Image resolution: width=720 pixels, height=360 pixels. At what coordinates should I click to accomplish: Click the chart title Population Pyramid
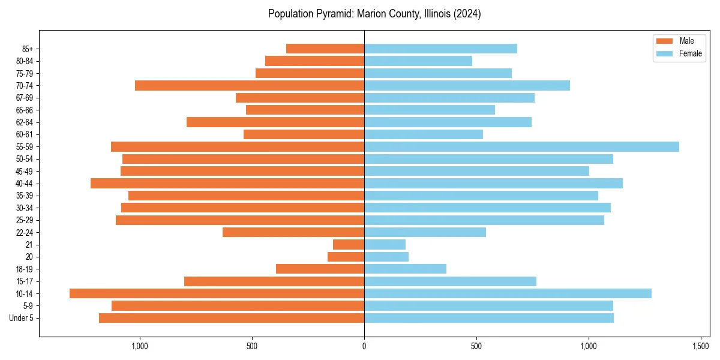tap(374, 14)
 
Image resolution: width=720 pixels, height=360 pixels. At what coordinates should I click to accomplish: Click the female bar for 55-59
tap(521, 146)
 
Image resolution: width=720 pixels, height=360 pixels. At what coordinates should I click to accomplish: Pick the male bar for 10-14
tap(217, 293)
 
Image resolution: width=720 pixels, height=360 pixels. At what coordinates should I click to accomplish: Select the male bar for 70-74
tap(250, 85)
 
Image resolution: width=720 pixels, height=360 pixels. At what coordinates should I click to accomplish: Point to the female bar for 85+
tap(440, 49)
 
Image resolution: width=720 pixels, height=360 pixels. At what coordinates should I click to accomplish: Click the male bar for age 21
tap(349, 244)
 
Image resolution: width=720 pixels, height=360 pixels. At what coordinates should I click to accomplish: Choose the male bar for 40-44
tap(227, 183)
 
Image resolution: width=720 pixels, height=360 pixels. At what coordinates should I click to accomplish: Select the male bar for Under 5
tap(232, 318)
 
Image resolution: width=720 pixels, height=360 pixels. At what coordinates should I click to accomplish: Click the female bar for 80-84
tap(418, 61)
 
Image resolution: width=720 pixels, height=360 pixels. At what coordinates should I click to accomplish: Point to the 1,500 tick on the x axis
tap(701, 346)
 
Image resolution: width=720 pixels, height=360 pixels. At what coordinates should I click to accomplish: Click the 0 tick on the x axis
tap(364, 346)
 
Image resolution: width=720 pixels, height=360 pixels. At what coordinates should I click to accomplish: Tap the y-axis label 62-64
tap(25, 122)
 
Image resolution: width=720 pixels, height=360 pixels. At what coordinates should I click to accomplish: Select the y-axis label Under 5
tap(22, 318)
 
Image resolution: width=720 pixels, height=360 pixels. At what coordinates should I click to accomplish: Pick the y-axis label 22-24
tap(25, 232)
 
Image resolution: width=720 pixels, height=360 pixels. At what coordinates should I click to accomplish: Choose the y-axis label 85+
tap(27, 49)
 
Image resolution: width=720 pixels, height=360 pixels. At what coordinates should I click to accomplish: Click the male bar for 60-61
tap(304, 134)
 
